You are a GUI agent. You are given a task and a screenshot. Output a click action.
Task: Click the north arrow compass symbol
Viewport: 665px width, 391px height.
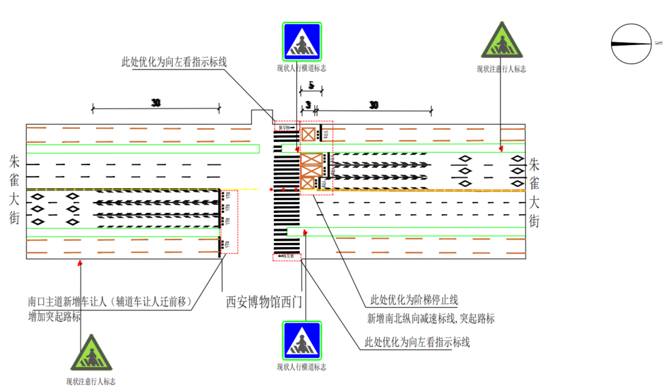coord(631,44)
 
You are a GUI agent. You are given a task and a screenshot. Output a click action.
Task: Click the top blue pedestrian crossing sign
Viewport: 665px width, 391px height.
coord(302,42)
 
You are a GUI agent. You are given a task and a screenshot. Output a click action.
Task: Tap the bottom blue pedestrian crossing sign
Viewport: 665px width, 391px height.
coord(302,341)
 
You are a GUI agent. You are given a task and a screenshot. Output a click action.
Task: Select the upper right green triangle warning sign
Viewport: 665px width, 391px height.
coord(501,42)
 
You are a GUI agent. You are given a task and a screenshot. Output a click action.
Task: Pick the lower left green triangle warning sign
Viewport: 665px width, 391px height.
coord(90,354)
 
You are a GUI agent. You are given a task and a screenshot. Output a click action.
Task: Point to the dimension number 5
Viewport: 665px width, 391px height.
coord(311,86)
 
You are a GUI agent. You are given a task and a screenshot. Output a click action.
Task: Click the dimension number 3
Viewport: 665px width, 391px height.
coord(308,105)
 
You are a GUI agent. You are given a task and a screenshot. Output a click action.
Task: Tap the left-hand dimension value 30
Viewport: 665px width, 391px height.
coord(156,103)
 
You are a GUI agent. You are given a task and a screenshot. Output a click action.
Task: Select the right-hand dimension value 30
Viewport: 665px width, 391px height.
coord(373,105)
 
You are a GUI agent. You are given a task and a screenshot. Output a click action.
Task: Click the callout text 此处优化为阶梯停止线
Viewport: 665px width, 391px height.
coord(414,300)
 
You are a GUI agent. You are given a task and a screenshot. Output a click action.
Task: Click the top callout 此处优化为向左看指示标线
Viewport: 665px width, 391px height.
coord(173,62)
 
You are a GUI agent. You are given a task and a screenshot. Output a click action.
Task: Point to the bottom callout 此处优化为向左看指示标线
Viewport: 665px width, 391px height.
coord(418,342)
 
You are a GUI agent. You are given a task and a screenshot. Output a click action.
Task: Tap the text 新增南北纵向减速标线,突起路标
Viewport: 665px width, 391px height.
coord(431,319)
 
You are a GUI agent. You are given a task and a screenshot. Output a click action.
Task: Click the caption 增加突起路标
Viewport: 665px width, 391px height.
coord(55,317)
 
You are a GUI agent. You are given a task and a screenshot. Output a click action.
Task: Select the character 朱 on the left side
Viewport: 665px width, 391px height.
coord(15,162)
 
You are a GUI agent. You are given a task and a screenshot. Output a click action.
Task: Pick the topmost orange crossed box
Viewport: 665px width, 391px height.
coord(309,134)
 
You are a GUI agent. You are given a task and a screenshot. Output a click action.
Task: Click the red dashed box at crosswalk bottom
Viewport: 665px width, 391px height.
coord(286,257)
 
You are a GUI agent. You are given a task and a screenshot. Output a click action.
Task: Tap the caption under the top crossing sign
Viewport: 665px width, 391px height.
coord(301,68)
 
